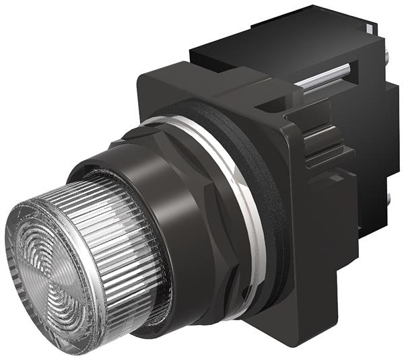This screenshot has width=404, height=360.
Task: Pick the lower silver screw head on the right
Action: (390, 198)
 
